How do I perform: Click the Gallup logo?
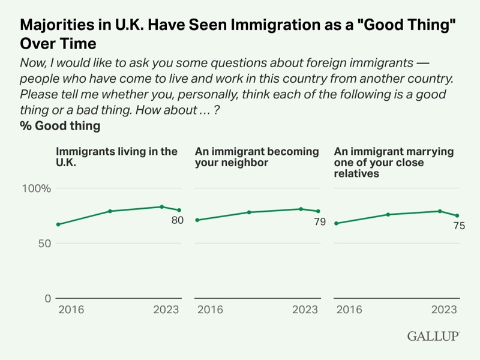(433, 336)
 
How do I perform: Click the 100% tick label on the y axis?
(37, 188)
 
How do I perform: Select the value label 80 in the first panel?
(177, 220)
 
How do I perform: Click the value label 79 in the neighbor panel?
(319, 222)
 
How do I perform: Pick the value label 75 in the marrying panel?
(459, 226)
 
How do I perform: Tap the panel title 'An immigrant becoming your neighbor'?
(257, 157)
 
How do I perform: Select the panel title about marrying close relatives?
(394, 162)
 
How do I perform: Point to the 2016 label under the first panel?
(71, 310)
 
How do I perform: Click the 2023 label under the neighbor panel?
(305, 310)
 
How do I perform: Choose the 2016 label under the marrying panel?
(349, 310)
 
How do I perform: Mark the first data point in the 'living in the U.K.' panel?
(58, 224)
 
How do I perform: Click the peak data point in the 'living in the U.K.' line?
(161, 207)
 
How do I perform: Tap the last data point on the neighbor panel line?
(318, 211)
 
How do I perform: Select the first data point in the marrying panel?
(337, 223)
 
